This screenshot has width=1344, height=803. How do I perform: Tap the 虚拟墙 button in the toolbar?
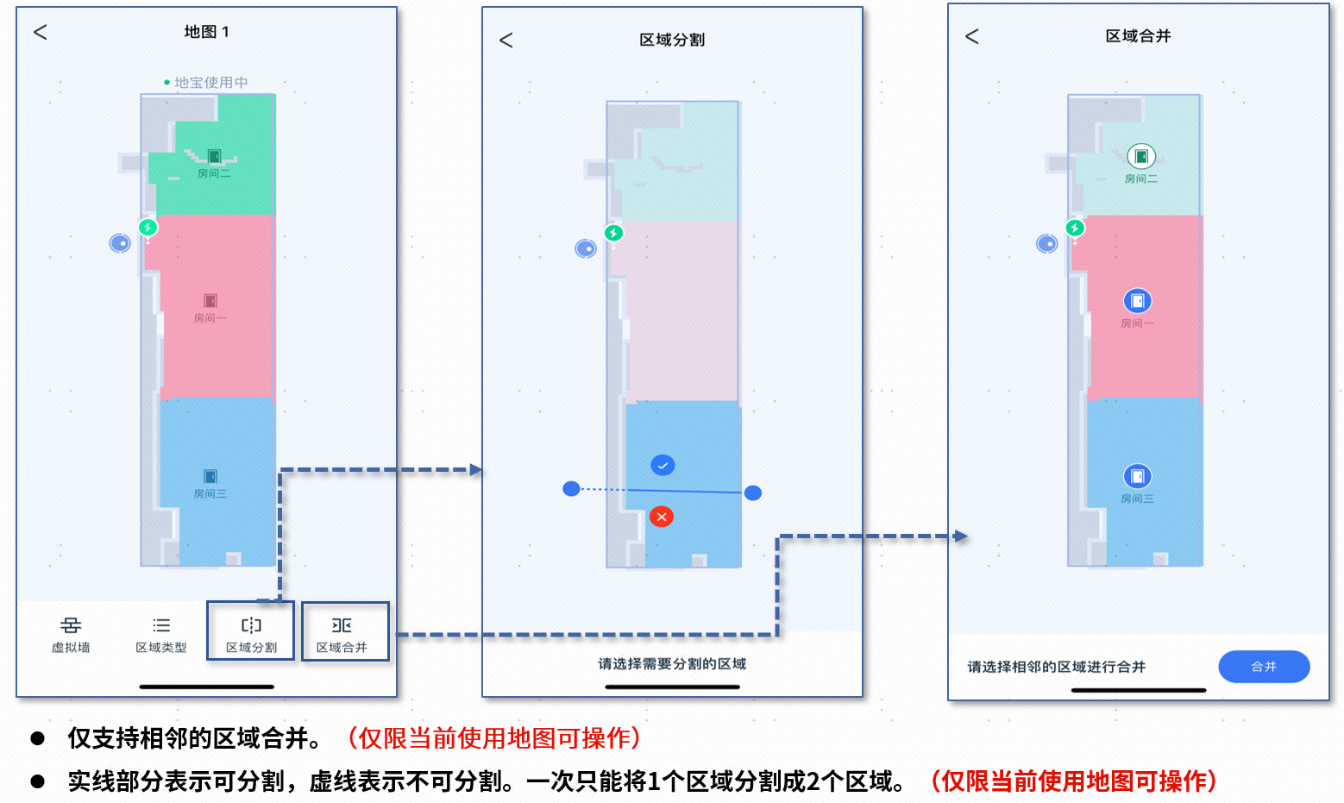click(x=71, y=634)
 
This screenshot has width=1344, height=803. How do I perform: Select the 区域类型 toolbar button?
click(x=161, y=634)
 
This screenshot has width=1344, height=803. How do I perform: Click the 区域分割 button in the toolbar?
click(x=251, y=633)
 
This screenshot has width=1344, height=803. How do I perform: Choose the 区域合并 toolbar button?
click(x=342, y=633)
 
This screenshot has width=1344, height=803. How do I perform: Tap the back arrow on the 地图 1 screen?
click(x=41, y=32)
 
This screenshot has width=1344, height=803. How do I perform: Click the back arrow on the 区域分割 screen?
click(x=506, y=41)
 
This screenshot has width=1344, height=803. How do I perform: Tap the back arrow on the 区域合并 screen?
click(x=972, y=36)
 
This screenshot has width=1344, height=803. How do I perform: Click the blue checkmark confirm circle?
click(x=663, y=466)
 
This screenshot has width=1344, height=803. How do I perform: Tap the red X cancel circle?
click(x=662, y=517)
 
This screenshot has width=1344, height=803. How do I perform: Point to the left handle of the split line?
click(x=571, y=489)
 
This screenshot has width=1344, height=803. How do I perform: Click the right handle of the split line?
click(x=753, y=493)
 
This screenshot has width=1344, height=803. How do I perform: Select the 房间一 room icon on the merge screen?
click(x=1138, y=301)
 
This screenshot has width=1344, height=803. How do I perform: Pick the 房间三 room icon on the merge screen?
click(x=1138, y=477)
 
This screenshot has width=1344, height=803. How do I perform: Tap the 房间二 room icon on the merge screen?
click(x=1141, y=157)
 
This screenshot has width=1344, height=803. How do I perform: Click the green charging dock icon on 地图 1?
click(x=148, y=228)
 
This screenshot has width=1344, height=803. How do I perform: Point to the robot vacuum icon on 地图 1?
click(x=120, y=243)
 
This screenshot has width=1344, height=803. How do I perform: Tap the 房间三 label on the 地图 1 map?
click(x=210, y=493)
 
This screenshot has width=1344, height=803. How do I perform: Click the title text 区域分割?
click(x=672, y=41)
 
